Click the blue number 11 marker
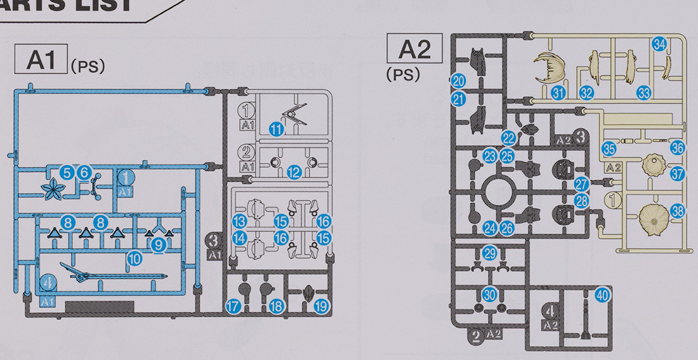point(275,130)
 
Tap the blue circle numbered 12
point(293,171)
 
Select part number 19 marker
point(321,306)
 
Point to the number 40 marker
point(602,295)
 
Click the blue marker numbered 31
point(558,93)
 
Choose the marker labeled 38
point(677,212)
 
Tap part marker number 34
point(659,44)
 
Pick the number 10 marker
point(133,258)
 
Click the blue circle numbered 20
point(458,81)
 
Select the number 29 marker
point(489,252)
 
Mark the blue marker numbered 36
point(677,148)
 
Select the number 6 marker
point(84,172)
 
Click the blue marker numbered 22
point(508,138)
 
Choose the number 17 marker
point(233,306)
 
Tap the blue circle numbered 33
point(644,93)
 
